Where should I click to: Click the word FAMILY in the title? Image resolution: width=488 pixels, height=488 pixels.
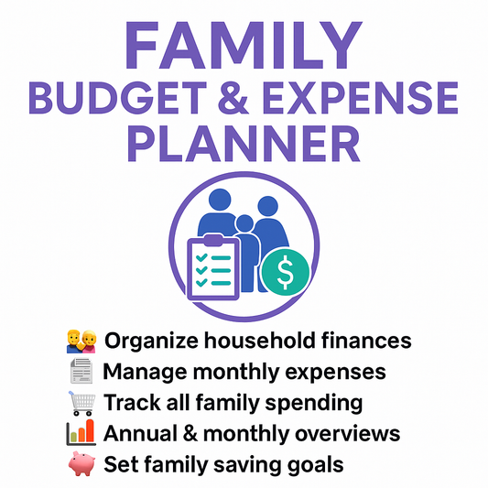pos(244,42)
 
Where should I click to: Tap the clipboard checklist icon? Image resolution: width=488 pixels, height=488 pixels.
pos(213,266)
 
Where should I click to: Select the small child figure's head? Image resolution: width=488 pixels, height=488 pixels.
pos(244,223)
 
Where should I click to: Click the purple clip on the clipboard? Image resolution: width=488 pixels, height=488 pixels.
pos(212,240)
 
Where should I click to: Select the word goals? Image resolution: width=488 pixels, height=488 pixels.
pos(315,464)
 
